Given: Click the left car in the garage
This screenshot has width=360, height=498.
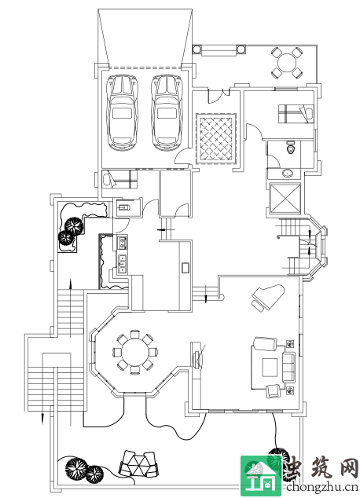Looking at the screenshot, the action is pyautogui.click(x=123, y=112).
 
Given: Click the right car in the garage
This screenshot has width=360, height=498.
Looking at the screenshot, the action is pyautogui.click(x=167, y=112).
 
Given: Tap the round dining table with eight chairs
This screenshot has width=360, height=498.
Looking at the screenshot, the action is pyautogui.click(x=136, y=352).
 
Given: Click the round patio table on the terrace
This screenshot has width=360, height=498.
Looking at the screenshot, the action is pyautogui.click(x=287, y=63).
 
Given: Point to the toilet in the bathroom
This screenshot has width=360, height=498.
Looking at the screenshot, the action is pyautogui.click(x=291, y=147).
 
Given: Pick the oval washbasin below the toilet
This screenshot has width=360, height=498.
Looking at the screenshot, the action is pyautogui.click(x=288, y=174).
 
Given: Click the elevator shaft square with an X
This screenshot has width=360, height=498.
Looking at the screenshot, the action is pyautogui.click(x=285, y=199).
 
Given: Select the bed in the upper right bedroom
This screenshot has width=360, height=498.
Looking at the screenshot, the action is pyautogui.click(x=296, y=114).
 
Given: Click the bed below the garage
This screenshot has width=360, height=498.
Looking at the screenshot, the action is pyautogui.click(x=119, y=179).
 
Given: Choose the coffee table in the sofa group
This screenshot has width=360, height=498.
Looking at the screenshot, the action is pyautogui.click(x=270, y=367).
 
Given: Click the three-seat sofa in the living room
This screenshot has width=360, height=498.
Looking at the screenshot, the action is pyautogui.click(x=288, y=367).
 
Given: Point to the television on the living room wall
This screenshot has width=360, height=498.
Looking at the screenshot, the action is pyautogui.click(x=197, y=359).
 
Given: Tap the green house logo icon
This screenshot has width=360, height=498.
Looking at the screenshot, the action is pyautogui.click(x=261, y=475).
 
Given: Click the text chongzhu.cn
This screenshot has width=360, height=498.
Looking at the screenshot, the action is pyautogui.click(x=322, y=487).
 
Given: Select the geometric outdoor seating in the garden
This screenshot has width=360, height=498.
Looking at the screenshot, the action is pyautogui.click(x=139, y=463).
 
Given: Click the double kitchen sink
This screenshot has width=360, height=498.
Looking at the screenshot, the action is pyautogui.click(x=123, y=264).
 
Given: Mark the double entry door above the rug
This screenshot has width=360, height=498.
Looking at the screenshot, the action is pyautogui.click(x=219, y=96).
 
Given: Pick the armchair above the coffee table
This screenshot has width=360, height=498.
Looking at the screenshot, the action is pyautogui.click(x=264, y=344).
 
